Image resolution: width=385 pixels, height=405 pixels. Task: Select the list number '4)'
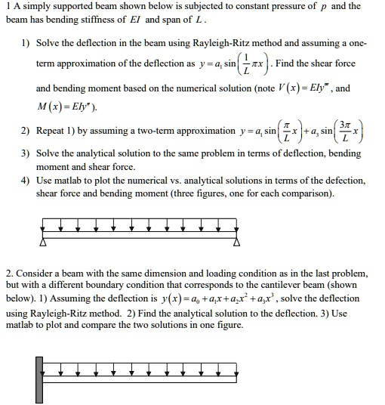click(x=27, y=181)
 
